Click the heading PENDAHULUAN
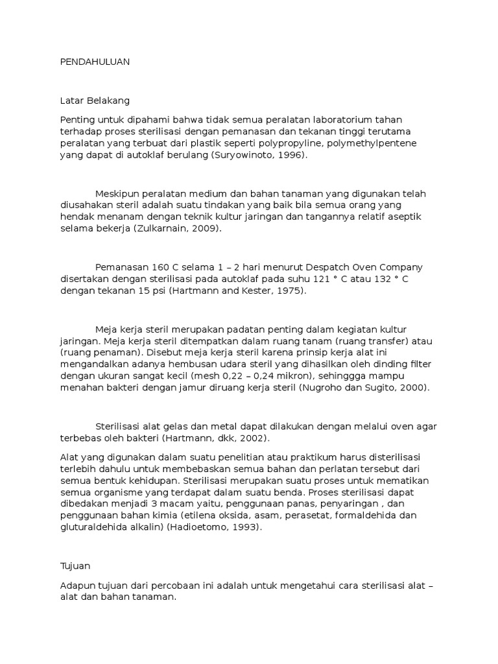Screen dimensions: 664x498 point(95,62)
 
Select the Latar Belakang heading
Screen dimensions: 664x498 point(95,101)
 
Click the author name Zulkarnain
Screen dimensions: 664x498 point(165,230)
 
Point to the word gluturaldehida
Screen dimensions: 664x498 point(94,528)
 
